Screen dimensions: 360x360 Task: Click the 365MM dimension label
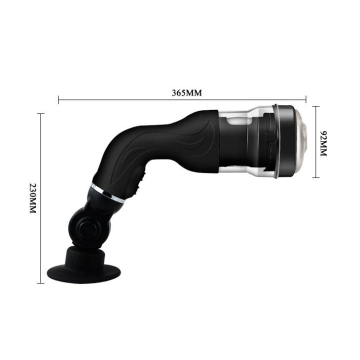pos(182,93)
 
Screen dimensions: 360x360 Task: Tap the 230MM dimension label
pos(33,198)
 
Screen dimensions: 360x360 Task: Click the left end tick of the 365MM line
pos(58,100)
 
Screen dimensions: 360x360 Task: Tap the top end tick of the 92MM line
pos(315,106)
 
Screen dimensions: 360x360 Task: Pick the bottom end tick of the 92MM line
pos(315,177)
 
